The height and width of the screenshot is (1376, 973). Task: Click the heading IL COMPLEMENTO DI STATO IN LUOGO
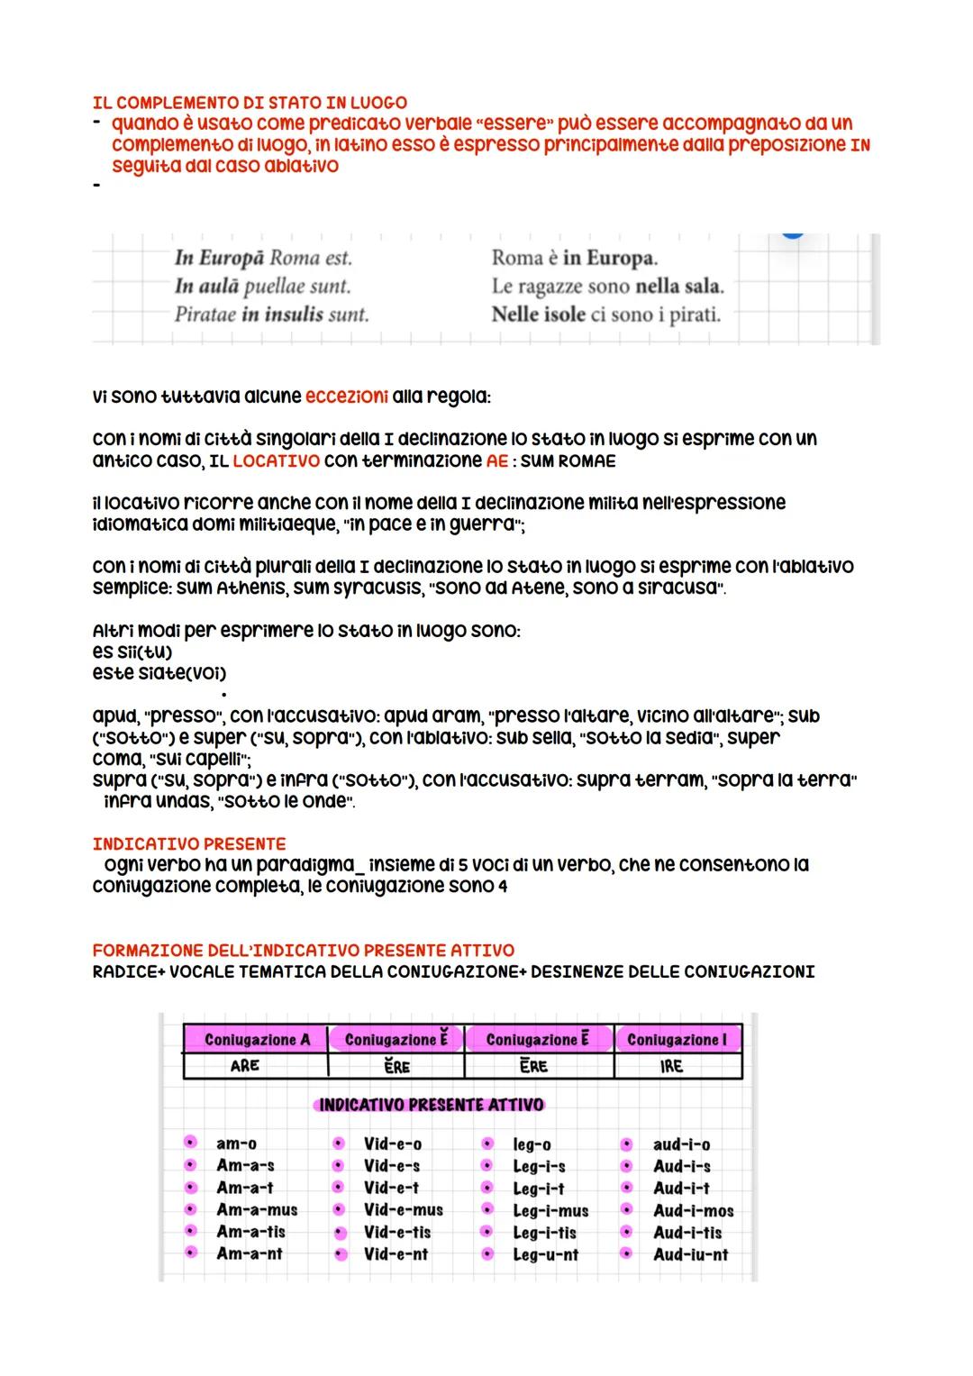click(250, 103)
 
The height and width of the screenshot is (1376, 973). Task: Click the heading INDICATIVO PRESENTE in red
click(188, 843)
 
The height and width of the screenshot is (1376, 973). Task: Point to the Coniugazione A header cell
click(257, 1039)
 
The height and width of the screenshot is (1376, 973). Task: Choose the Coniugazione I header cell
click(677, 1039)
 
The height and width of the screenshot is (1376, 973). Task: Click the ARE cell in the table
click(245, 1065)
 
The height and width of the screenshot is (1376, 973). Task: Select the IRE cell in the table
click(671, 1066)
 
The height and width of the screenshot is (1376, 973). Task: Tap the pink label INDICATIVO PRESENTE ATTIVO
click(432, 1104)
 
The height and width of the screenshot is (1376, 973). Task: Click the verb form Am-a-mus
click(257, 1210)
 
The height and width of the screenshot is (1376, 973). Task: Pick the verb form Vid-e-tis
click(397, 1232)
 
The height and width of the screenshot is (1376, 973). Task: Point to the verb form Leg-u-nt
click(545, 1254)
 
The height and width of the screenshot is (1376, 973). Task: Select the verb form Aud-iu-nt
click(690, 1254)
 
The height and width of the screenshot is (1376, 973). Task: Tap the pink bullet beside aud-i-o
click(627, 1144)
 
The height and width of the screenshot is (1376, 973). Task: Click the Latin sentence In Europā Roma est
click(263, 258)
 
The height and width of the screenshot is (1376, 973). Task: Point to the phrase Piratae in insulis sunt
click(271, 314)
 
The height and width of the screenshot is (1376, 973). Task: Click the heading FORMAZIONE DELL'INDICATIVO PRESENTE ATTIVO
click(303, 950)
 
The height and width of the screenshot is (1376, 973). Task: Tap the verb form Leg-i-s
click(539, 1166)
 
